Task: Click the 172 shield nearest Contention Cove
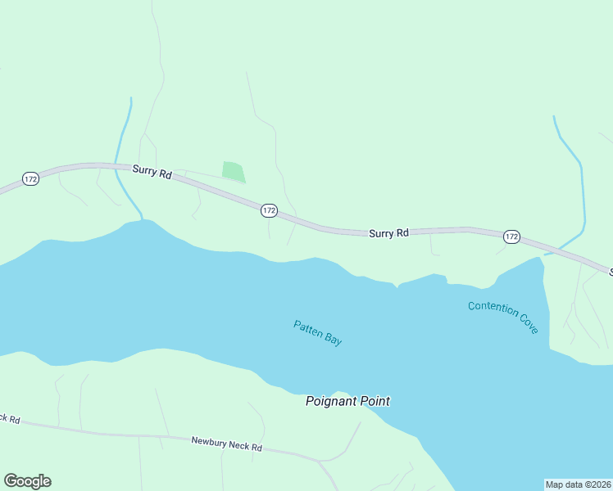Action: [x=511, y=236]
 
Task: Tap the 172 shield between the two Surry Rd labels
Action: [x=269, y=210]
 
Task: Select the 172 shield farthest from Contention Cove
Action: [x=30, y=178]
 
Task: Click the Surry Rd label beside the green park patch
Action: [x=152, y=173]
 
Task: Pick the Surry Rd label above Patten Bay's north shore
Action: [x=388, y=233]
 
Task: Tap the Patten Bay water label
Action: [x=318, y=332]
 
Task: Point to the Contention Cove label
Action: [x=503, y=318]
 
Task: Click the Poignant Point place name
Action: [x=347, y=401]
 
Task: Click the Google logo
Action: [x=27, y=481]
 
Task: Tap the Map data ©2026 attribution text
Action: [x=579, y=484]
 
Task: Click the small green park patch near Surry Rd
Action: [x=233, y=172]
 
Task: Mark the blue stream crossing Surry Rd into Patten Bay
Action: [x=124, y=155]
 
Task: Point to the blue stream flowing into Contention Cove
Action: [x=580, y=188]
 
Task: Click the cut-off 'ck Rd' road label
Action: [x=9, y=418]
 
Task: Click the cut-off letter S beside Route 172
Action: [x=610, y=271]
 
